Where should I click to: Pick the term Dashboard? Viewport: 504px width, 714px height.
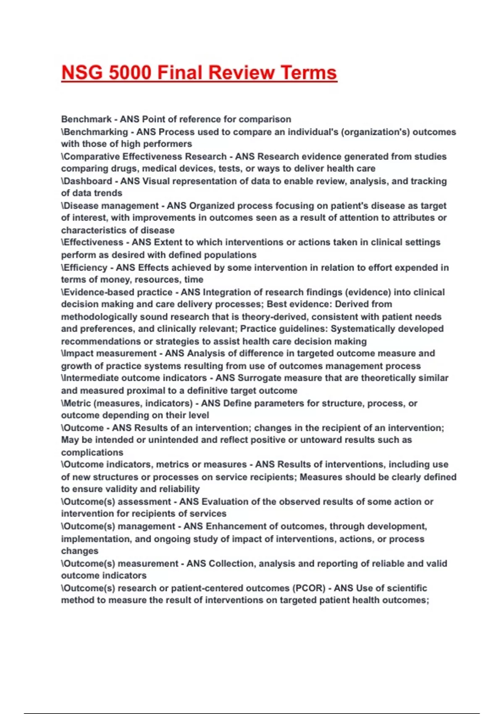[88, 181]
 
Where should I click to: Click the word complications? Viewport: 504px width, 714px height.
[92, 452]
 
